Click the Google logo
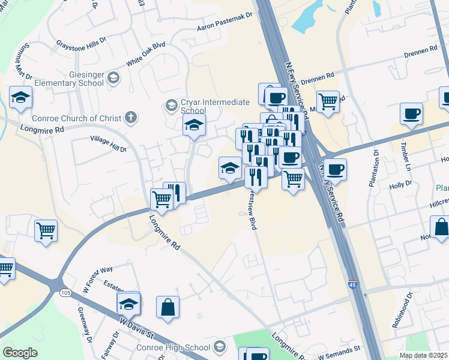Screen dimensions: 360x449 pos(20,353)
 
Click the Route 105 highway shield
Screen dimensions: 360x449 pos(64,292)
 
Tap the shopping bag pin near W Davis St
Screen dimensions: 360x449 pos(168,307)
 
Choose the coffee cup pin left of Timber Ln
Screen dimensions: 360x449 pos(411,114)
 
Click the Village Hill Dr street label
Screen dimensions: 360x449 pos(108,143)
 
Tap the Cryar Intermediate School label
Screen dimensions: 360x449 pos(202,106)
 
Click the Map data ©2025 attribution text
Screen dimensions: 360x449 pos(423,355)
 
